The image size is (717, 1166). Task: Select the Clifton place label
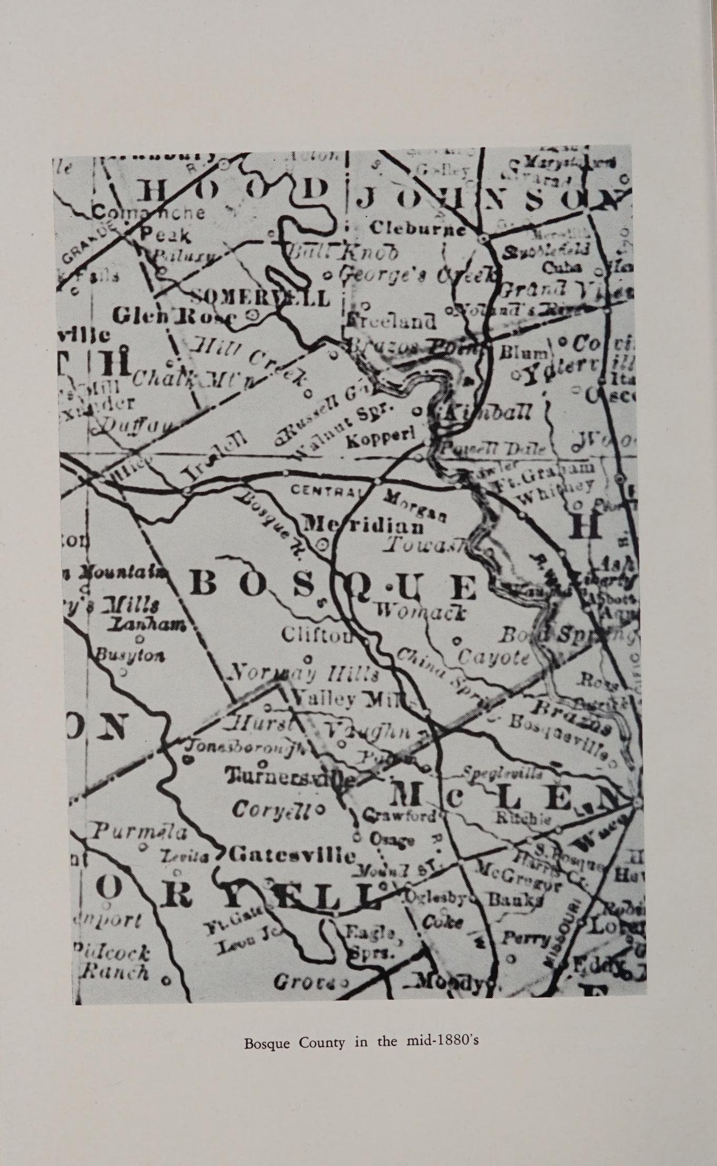click(x=315, y=635)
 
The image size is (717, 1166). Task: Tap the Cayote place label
click(x=493, y=658)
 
